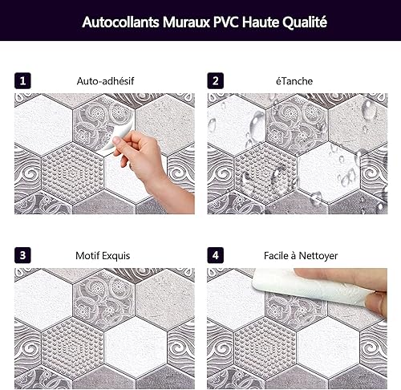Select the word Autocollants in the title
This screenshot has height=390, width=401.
click(120, 22)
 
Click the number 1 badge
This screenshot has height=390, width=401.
click(22, 81)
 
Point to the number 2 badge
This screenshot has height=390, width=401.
click(216, 81)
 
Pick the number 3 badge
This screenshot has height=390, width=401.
click(22, 255)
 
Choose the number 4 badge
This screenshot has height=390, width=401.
click(216, 255)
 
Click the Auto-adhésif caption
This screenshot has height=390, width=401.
click(105, 81)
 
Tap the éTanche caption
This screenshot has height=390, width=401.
click(294, 81)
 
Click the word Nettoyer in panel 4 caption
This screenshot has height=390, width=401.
click(318, 256)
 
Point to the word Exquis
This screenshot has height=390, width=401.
click(116, 256)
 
